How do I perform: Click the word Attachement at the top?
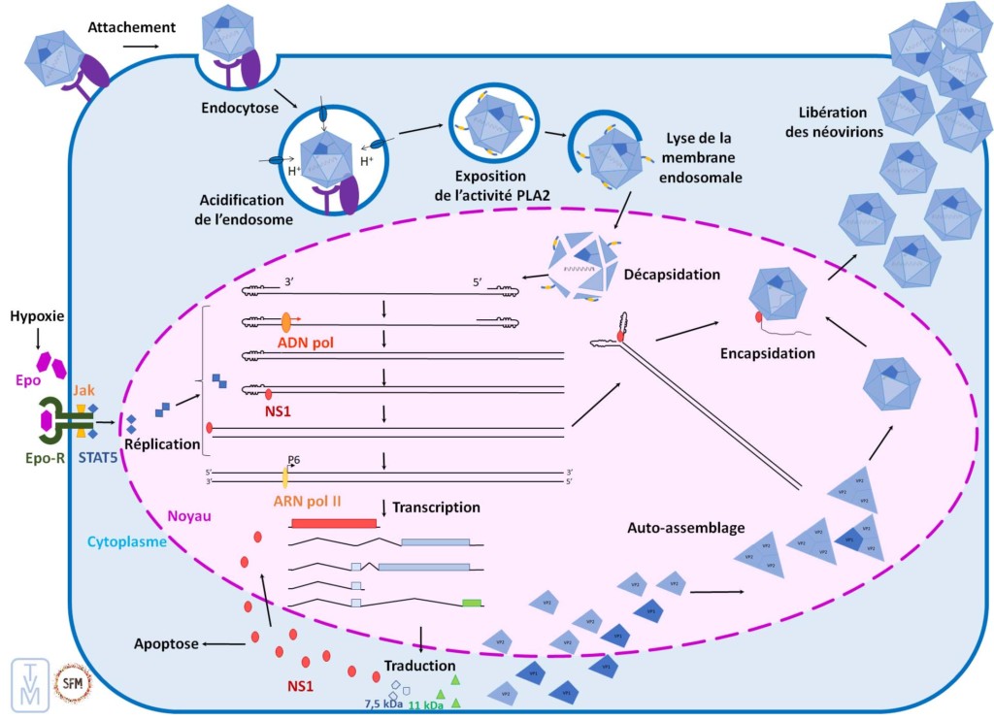131,27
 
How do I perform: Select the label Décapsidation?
674,275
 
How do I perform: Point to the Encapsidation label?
767,353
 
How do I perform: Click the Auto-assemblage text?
686,529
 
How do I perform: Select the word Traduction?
419,666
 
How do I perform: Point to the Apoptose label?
166,643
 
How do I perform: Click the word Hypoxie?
38,317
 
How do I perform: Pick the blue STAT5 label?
97,453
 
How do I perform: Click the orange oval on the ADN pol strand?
287,321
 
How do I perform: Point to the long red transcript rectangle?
333,523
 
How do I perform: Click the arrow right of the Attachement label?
141,46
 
